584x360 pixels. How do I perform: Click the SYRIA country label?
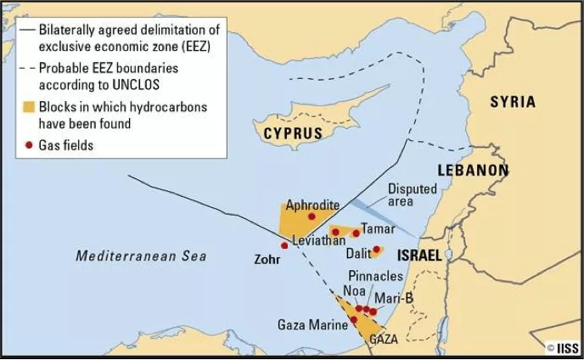coord(513,102)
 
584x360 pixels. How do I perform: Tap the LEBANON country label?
coord(473,170)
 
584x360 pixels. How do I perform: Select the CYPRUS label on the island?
coord(293,133)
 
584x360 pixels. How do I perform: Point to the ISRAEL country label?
coord(419,255)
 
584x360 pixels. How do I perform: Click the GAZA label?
coord(384,339)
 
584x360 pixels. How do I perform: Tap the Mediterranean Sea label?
coord(141,256)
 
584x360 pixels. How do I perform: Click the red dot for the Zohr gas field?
coord(284,245)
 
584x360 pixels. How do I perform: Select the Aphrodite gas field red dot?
coord(312,217)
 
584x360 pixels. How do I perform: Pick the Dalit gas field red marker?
coord(376,250)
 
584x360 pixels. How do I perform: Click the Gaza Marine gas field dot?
coord(353,320)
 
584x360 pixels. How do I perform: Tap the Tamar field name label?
coord(378,228)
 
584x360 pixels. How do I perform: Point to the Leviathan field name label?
coord(317,242)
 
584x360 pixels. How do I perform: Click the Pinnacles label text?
coord(376,276)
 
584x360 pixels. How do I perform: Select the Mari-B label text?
coord(394,297)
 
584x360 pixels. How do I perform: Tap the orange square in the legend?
coord(28,108)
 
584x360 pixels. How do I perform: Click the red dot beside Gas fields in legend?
coord(28,145)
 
